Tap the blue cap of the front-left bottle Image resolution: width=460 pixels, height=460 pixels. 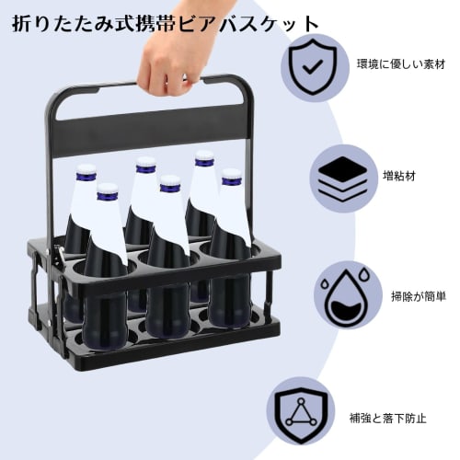pos(108,190)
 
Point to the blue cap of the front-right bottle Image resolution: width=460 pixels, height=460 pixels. pos(229,176)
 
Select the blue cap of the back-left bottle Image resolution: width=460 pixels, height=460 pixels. pos(86,171)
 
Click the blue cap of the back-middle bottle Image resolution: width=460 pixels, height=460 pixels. pos(145,166)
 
